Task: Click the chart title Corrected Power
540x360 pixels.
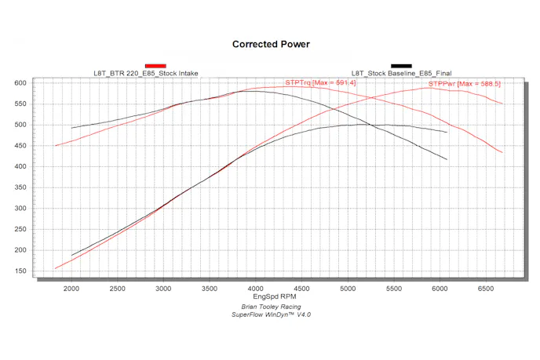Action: (x=271, y=45)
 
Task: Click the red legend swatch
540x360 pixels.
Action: (x=155, y=66)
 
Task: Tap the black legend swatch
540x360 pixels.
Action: (x=401, y=66)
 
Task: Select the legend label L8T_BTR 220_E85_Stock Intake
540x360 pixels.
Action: (x=146, y=74)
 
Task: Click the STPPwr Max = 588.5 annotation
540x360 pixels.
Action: (x=465, y=83)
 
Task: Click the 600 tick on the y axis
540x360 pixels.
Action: (x=20, y=82)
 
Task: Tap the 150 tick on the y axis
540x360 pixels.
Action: (x=20, y=271)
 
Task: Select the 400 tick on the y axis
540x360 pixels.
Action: (x=20, y=166)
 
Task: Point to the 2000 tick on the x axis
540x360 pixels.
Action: (x=71, y=289)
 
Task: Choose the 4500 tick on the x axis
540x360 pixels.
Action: (x=303, y=289)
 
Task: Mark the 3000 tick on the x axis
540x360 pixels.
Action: (x=164, y=289)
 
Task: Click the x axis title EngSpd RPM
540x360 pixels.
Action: (x=271, y=298)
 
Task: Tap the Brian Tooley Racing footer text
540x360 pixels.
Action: (x=271, y=307)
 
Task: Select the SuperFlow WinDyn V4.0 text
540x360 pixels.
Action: (x=271, y=315)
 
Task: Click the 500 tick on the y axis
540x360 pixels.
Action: (x=20, y=125)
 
